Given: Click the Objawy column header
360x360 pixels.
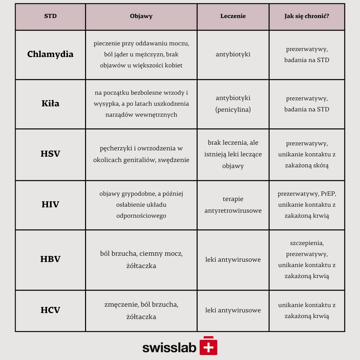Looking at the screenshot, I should tap(141, 16).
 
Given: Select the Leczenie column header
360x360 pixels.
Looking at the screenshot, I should tap(233, 16).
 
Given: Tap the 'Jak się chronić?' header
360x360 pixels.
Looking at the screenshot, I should tap(307, 16).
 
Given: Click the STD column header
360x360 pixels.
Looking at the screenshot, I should tap(50, 16).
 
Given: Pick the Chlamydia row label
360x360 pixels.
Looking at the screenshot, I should tap(50, 54).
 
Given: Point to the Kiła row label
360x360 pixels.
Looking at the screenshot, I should tap(50, 104).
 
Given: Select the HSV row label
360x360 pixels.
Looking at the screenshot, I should tap(50, 154).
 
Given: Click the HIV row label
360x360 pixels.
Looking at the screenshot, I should tap(50, 205).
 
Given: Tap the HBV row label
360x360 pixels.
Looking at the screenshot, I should tap(50, 259).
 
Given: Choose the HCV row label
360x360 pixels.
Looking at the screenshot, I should tap(50, 310).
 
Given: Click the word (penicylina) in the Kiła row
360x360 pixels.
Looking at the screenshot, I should tap(233, 110).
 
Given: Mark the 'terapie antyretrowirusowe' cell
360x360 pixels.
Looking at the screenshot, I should tap(233, 205).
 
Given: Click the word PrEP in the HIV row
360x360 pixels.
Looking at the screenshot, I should tap(328, 194).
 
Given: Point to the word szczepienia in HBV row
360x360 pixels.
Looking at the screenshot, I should tap(307, 243).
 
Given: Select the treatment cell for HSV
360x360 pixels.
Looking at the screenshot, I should tap(233, 154).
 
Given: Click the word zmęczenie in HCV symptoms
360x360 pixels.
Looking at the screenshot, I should tap(121, 305).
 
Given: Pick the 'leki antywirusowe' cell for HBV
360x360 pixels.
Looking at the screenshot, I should tap(233, 260).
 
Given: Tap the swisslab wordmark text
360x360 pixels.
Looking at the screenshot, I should tap(169, 347).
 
